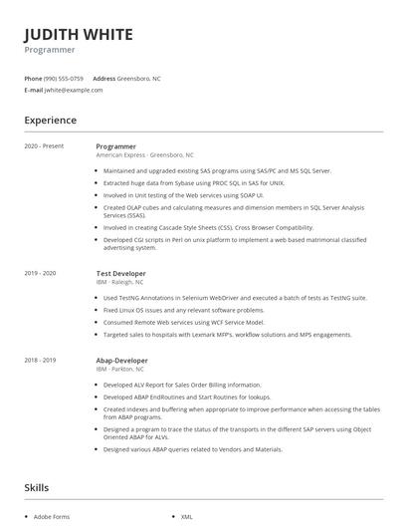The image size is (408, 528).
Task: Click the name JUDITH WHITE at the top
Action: coord(79,34)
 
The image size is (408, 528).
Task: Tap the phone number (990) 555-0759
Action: coord(64,78)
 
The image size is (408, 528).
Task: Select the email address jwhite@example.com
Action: coord(73,90)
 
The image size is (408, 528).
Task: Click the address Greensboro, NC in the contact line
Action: coord(139,78)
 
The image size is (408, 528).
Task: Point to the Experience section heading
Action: coord(50,121)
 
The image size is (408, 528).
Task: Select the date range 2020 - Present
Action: coord(44,146)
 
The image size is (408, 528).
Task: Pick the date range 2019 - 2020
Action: coord(40,273)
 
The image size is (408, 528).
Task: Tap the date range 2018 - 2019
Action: coord(40,360)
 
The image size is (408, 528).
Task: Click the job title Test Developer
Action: coord(120,273)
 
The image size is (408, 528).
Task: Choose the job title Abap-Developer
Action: coord(121,360)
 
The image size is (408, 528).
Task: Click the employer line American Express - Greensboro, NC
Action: coord(145,155)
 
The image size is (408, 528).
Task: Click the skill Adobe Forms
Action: coord(51,517)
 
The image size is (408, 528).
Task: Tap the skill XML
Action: coord(186,517)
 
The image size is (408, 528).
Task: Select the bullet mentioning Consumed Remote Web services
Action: coord(184,322)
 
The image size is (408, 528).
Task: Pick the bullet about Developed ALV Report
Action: coord(182,385)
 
